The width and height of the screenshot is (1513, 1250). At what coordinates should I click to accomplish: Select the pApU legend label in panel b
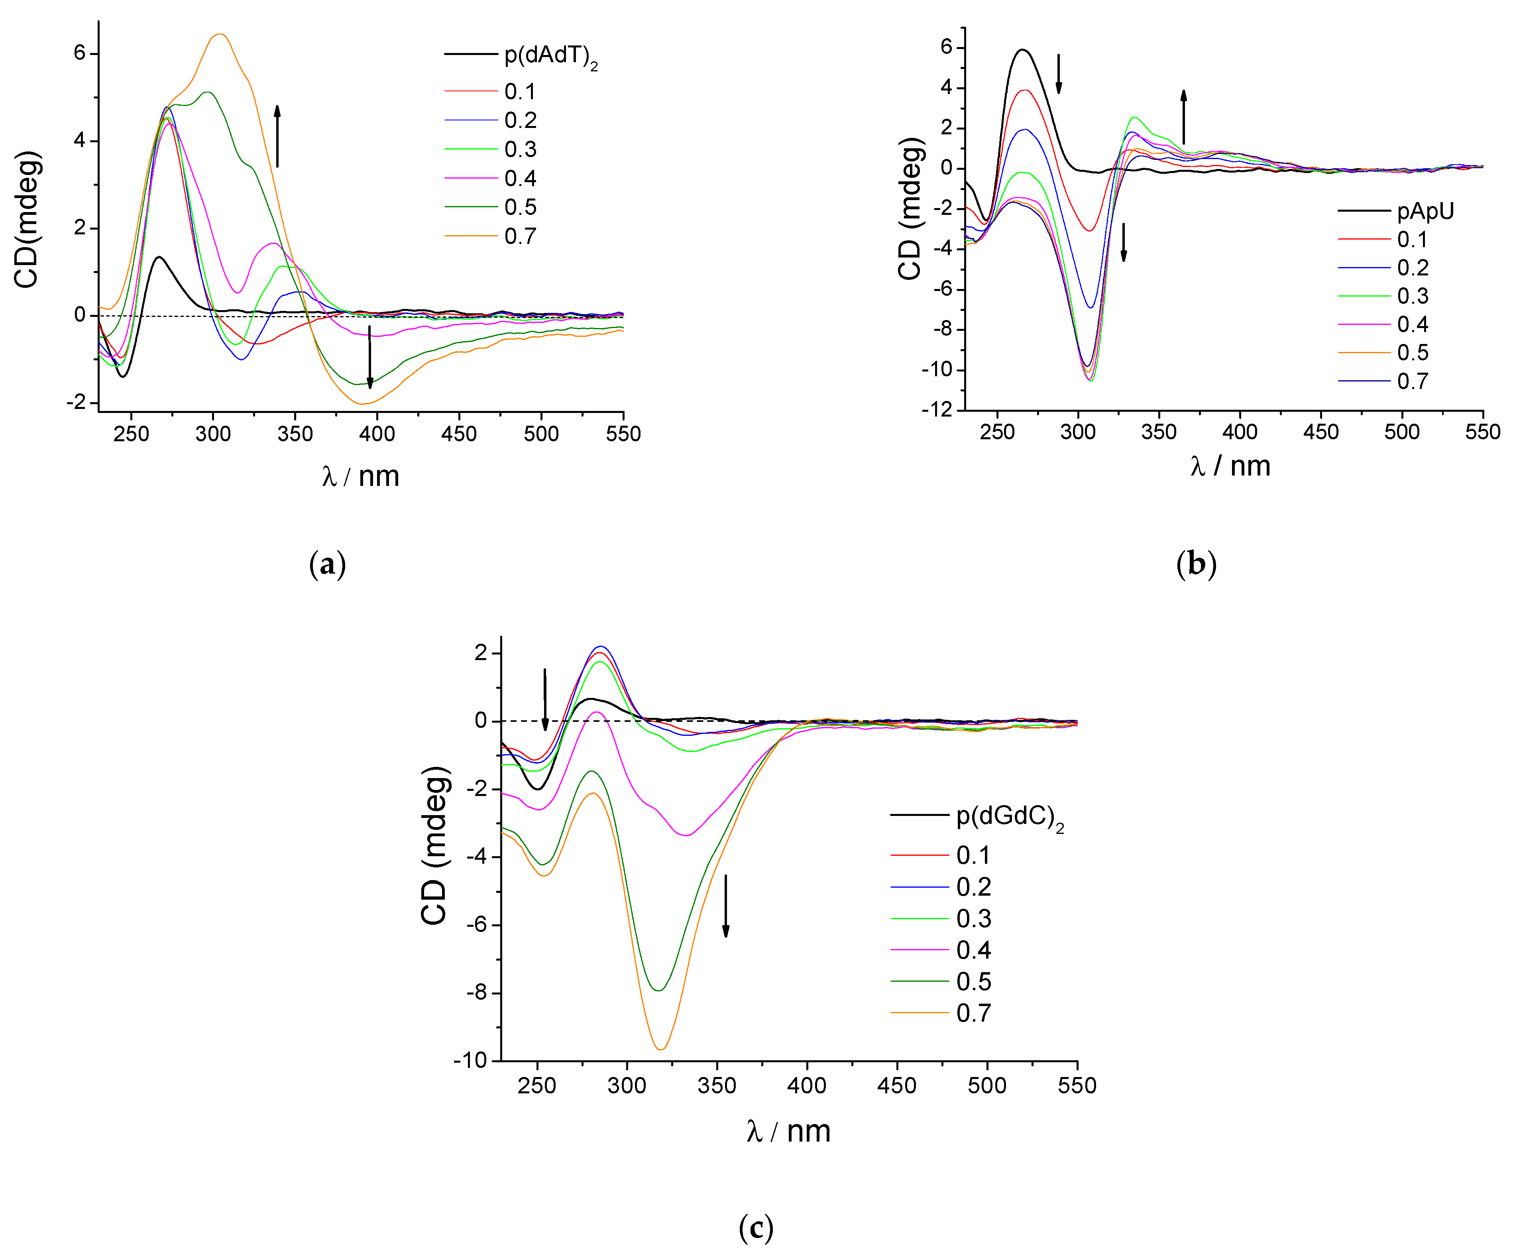tap(1425, 211)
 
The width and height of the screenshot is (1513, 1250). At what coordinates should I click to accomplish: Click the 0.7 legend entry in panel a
tap(519, 236)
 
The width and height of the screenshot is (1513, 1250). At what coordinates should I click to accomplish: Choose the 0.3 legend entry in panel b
tap(1412, 296)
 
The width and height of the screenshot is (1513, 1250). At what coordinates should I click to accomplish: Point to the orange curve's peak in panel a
tap(220, 34)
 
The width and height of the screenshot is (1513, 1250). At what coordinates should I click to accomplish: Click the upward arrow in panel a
tap(277, 136)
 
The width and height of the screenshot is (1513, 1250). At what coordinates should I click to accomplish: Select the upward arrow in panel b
tap(1183, 117)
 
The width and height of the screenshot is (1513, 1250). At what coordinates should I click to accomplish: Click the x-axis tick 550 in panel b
tap(1482, 432)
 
